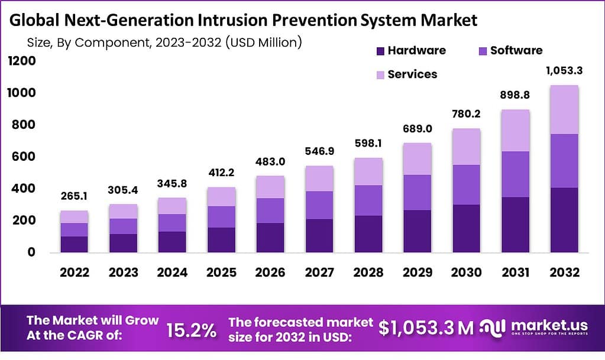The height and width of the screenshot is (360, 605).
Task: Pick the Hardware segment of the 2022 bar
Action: pyautogui.click(x=74, y=244)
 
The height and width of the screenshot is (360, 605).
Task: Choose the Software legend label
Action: pyautogui.click(x=516, y=51)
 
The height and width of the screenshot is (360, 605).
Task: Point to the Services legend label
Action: pyautogui.click(x=412, y=74)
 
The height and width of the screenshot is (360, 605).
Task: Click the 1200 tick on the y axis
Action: pyautogui.click(x=22, y=61)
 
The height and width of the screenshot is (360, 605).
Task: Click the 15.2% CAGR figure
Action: pyautogui.click(x=190, y=329)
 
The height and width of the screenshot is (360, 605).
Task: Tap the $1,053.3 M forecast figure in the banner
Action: pyautogui.click(x=426, y=329)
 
